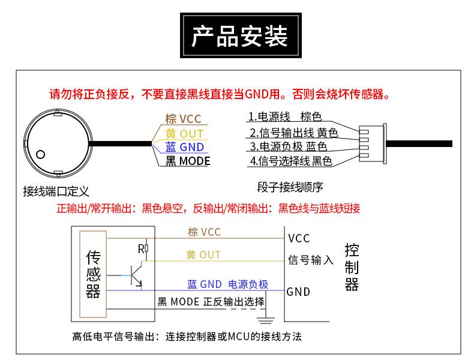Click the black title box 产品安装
241,35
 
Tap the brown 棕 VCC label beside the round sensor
183,119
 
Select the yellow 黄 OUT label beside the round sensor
184,134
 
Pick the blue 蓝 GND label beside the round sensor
185,147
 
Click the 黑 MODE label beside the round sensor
188,161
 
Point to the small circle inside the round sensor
41,154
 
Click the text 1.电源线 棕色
285,116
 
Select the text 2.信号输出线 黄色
293,133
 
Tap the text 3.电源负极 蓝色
289,146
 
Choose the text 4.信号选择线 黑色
291,161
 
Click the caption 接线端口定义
56,191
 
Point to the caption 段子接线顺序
290,187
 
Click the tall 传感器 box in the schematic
93,274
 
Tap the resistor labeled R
146,249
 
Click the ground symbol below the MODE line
266,320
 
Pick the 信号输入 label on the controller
310,260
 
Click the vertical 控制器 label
352,267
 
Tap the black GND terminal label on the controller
298,292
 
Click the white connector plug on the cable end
373,143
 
